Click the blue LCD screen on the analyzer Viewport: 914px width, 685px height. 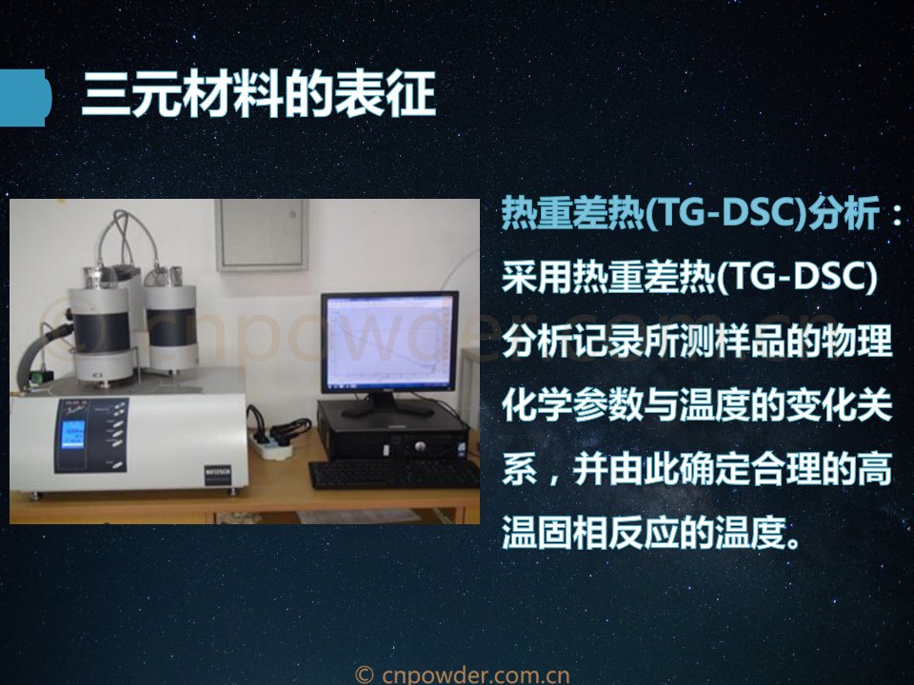click(72, 435)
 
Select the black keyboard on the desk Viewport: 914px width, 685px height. click(394, 475)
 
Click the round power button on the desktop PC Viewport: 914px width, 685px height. click(420, 447)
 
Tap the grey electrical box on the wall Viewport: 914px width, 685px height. click(262, 235)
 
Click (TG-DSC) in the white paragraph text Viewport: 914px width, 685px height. click(796, 277)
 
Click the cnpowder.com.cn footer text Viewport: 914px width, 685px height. click(476, 675)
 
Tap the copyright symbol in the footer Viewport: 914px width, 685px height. click(365, 675)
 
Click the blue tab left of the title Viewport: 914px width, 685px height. click(25, 97)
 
